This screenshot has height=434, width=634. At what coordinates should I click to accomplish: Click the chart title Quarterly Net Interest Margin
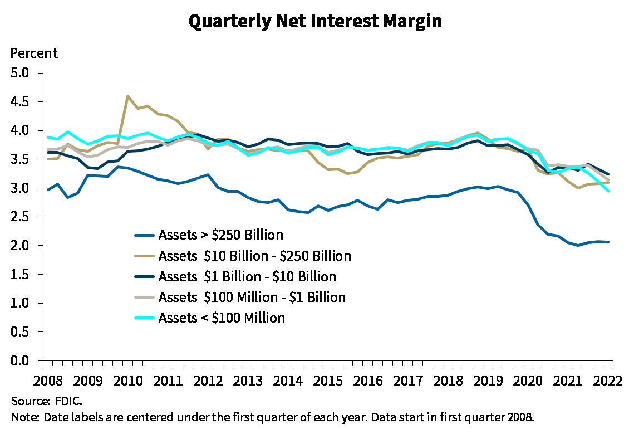click(316, 22)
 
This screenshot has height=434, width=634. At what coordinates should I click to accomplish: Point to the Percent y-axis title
click(35, 54)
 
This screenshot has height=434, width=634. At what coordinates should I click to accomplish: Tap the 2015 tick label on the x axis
click(328, 381)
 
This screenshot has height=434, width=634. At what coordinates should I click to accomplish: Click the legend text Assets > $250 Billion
click(220, 235)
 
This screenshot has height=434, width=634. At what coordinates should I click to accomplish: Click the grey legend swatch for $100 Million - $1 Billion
click(145, 297)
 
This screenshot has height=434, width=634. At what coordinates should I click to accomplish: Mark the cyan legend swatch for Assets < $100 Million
click(145, 318)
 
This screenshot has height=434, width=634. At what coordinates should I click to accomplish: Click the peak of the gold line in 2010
click(128, 96)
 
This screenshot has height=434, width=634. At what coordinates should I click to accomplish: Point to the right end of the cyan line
click(608, 191)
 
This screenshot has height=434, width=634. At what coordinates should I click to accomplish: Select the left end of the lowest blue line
click(47, 190)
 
